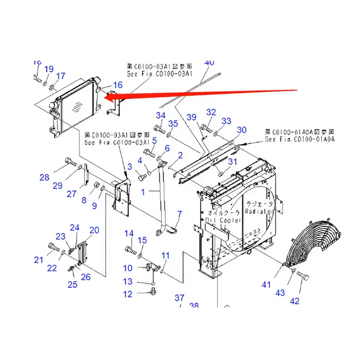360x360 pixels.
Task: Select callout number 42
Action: coord(294,301)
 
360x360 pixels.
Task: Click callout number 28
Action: coord(44,178)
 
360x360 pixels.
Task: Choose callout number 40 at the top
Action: coord(209,63)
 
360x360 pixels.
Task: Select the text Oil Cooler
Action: coord(223,220)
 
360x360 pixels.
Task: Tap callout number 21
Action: coord(39,259)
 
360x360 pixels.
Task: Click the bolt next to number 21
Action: coord(53,247)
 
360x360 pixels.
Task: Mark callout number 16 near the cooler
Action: coord(117,85)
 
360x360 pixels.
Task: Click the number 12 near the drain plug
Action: coord(128,294)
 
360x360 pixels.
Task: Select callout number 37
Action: coord(180,297)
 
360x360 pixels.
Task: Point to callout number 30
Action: coord(242,130)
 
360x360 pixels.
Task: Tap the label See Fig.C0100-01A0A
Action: coord(300,140)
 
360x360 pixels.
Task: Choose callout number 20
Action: coord(94,230)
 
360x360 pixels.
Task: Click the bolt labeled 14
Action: coord(129,248)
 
